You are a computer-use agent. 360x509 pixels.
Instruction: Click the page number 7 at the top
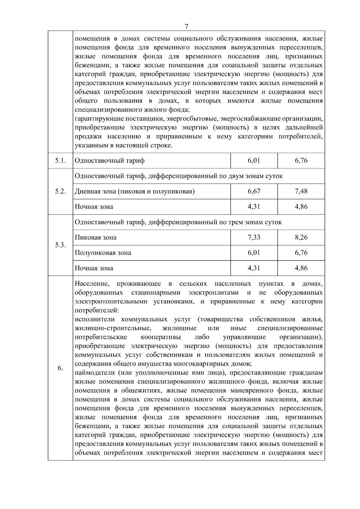coord(186,26)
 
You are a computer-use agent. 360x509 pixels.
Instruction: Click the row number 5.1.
coord(60,160)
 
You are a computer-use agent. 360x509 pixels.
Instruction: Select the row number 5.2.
coord(60,191)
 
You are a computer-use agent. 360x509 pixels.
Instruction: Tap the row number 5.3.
coord(60,245)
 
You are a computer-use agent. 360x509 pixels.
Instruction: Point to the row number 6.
coord(60,368)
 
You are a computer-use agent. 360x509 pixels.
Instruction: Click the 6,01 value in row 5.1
coord(254,160)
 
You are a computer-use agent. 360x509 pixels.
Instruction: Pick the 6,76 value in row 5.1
coord(301,160)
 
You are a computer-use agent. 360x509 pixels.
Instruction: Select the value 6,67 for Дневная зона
coord(254,191)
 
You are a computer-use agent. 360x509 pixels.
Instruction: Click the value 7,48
coord(301,191)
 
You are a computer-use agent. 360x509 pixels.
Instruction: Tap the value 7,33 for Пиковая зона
coord(254,238)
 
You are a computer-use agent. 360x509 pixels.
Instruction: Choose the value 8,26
coord(301,238)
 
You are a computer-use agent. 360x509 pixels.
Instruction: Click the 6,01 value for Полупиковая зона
coord(254,253)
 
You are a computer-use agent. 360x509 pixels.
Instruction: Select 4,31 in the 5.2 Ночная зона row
coord(254,207)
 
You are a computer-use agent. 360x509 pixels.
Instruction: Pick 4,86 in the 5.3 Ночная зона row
coord(301,268)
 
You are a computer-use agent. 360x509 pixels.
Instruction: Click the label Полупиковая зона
coord(103,253)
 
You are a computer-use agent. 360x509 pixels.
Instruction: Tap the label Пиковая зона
coord(95,238)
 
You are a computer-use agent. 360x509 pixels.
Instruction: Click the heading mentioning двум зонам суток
coord(178,176)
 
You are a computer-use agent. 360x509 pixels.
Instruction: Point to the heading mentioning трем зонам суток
coord(178,222)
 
